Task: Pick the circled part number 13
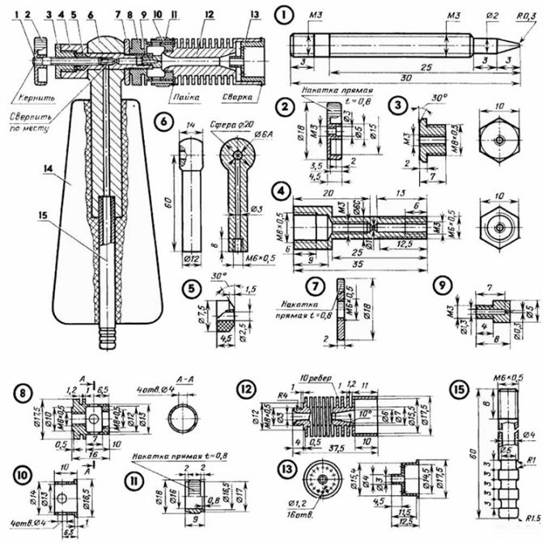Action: point(282,471)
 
